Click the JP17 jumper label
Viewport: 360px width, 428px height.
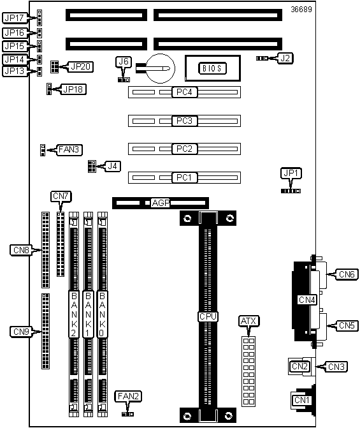(x=15, y=18)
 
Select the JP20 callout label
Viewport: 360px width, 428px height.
(x=80, y=66)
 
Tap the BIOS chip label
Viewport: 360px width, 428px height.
(x=212, y=68)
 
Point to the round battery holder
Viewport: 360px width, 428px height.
(x=161, y=68)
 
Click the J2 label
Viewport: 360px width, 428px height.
(x=285, y=58)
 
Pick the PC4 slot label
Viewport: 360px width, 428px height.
(x=184, y=92)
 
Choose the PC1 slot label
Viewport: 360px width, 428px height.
(x=184, y=177)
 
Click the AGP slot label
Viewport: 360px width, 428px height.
(x=161, y=203)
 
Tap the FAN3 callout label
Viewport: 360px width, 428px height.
(x=69, y=150)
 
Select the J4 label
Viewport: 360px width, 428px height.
(x=113, y=166)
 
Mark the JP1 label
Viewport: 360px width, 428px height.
(x=291, y=173)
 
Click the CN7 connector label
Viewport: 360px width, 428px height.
(x=61, y=196)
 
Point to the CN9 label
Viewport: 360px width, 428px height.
(x=21, y=332)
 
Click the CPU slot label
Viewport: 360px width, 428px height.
(x=208, y=316)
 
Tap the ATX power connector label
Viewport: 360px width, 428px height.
(x=248, y=321)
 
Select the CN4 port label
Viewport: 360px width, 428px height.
(x=307, y=300)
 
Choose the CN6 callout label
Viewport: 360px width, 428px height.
(x=347, y=274)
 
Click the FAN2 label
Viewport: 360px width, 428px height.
(x=129, y=396)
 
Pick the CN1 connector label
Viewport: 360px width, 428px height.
(x=301, y=400)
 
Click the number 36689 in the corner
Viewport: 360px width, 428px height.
(x=301, y=10)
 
